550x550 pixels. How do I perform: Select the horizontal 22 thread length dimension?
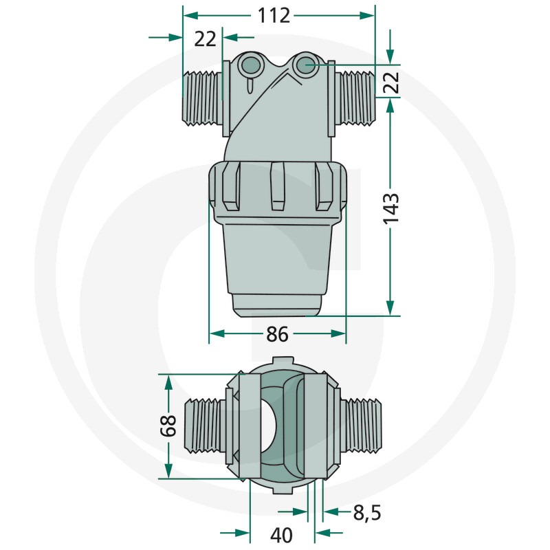point(205,38)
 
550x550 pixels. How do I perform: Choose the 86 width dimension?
point(276,334)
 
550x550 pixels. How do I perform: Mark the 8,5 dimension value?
point(366,512)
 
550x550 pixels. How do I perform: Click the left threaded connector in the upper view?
point(202,100)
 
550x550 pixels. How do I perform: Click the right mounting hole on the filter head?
point(305,65)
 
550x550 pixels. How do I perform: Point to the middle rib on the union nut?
point(278,186)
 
